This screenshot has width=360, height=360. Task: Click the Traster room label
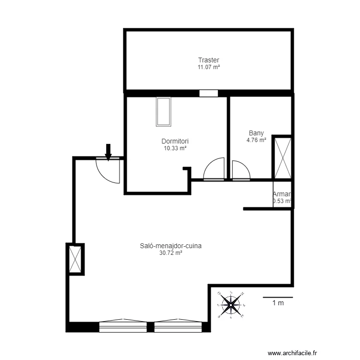click(x=209, y=60)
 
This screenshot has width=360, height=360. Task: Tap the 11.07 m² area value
click(x=209, y=67)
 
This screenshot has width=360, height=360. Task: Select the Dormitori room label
click(x=175, y=142)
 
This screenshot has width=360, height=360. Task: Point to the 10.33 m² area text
click(x=175, y=149)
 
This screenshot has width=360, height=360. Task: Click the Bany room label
click(x=256, y=133)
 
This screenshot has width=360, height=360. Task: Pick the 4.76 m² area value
click(x=256, y=141)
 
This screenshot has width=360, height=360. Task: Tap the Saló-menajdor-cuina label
click(x=170, y=246)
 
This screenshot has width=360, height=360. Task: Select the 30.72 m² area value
click(x=170, y=253)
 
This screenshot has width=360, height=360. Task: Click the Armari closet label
click(x=282, y=194)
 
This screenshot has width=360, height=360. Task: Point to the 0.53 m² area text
click(x=282, y=201)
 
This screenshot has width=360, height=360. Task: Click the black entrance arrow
click(x=108, y=152)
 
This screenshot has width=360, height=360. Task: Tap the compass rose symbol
click(x=231, y=304)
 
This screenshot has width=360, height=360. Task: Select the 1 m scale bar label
click(x=278, y=303)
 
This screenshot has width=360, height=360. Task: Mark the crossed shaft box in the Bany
click(x=282, y=158)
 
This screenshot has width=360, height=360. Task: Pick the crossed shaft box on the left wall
click(x=76, y=259)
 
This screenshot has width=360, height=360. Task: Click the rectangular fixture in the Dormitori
click(x=164, y=111)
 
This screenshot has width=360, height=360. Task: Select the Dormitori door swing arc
click(x=214, y=169)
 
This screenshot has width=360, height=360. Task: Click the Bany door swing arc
click(x=240, y=170)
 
